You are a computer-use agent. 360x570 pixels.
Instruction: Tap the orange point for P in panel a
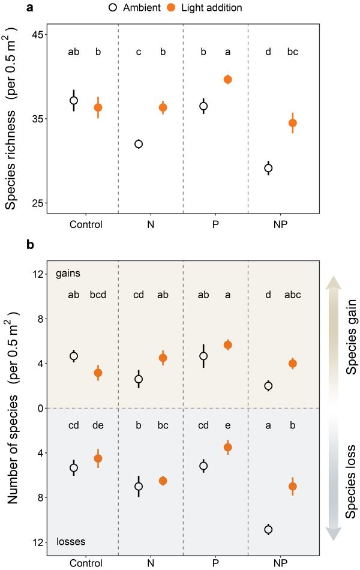pyautogui.click(x=227, y=79)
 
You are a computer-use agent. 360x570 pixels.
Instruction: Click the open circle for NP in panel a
pyautogui.click(x=268, y=168)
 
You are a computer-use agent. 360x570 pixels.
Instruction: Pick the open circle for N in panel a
pyautogui.click(x=139, y=144)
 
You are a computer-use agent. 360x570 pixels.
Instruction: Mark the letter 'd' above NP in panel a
pyautogui.click(x=268, y=52)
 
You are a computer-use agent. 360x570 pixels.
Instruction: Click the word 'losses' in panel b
pyautogui.click(x=71, y=541)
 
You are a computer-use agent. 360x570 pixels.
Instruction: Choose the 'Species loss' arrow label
pyautogui.click(x=352, y=482)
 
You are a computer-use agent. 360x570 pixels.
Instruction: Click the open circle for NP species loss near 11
pyautogui.click(x=268, y=529)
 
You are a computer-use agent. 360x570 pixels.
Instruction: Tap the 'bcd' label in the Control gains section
pyautogui.click(x=98, y=295)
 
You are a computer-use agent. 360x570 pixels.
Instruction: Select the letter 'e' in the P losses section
pyautogui.click(x=227, y=425)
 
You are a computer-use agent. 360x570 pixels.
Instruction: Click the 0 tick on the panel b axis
pyautogui.click(x=42, y=408)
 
